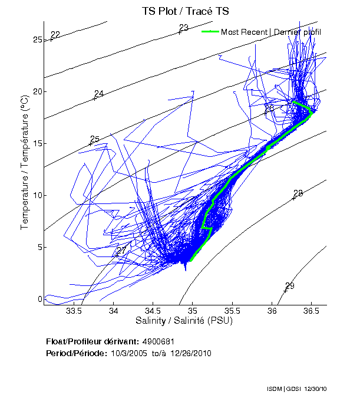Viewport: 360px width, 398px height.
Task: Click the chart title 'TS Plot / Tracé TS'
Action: tap(185, 11)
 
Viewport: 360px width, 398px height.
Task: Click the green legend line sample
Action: tap(210, 32)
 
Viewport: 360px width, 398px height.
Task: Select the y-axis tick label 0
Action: tap(40, 299)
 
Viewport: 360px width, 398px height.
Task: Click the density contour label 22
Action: tap(55, 34)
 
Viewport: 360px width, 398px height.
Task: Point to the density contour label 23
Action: tap(184, 28)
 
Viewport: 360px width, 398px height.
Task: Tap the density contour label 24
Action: tap(99, 94)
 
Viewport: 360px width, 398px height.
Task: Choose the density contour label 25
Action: tap(95, 139)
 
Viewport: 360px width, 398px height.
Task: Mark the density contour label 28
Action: tap(298, 193)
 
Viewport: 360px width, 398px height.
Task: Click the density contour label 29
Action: tap(290, 286)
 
